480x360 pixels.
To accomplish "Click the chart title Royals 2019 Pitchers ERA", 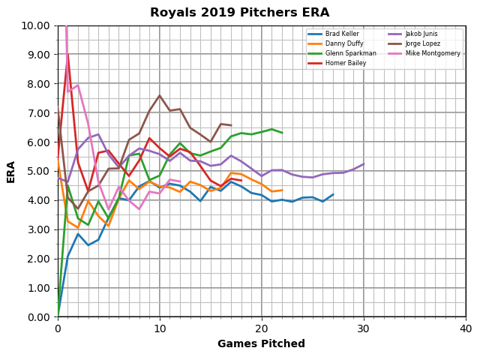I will coord(239,13).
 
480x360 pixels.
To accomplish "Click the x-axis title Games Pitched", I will coord(261,344).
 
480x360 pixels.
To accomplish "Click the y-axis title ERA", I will coord(11,171).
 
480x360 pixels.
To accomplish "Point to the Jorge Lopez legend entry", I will coord(424,44).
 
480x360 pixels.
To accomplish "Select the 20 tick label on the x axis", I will coord(262,328).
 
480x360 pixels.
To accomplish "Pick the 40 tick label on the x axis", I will coord(466,328).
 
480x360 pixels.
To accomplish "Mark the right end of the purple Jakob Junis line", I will coord(364,164).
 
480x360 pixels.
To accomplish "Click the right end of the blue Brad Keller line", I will coord(333,194).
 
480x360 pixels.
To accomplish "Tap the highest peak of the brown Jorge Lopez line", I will coord(160,95).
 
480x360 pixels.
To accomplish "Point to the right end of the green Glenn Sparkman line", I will coord(282,133).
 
